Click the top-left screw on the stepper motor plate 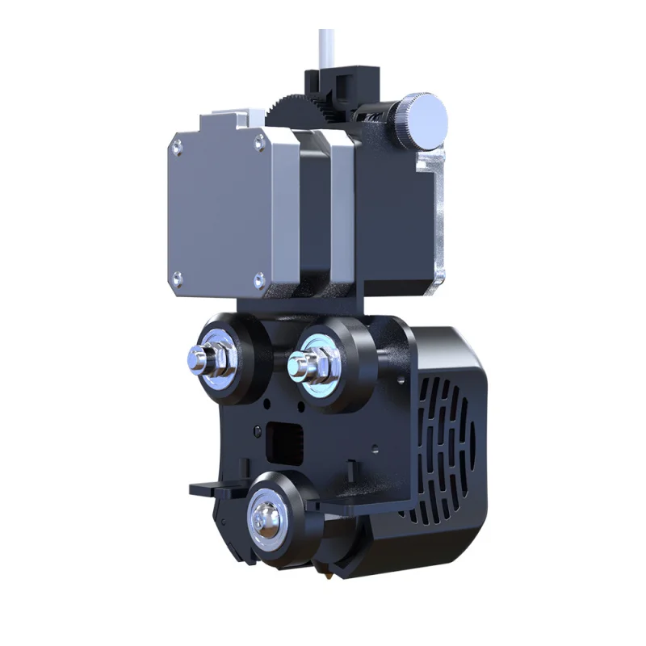tap(176, 149)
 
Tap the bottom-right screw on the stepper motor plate tap(259, 280)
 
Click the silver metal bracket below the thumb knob tap(436, 218)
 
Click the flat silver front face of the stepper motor tap(218, 214)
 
